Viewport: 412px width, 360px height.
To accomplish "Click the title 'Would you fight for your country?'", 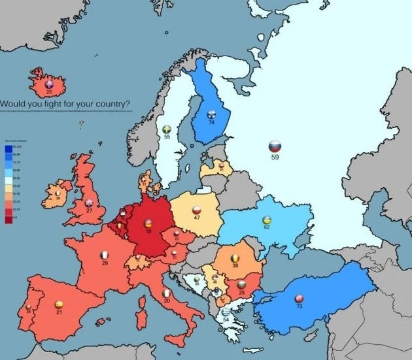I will click(64, 103).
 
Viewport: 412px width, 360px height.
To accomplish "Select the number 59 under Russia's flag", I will click(275, 157).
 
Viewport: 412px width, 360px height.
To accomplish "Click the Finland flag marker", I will click(211, 114).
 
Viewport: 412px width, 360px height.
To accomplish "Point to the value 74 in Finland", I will click(211, 122).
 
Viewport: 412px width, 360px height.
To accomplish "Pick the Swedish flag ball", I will click(167, 128).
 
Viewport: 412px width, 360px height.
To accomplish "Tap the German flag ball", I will click(150, 223).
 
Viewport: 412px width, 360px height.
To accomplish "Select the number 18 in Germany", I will click(150, 232).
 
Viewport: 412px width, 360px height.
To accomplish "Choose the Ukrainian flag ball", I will click(267, 220).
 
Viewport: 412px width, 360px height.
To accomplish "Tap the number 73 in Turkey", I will click(299, 306).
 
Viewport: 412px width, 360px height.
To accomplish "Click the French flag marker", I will click(104, 254).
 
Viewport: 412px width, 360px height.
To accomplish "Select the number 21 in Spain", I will click(59, 313).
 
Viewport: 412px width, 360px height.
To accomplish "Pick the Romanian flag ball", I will click(235, 258).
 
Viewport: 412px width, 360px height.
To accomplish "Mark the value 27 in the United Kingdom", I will click(89, 210).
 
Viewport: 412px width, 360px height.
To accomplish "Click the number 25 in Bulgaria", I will click(241, 293).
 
